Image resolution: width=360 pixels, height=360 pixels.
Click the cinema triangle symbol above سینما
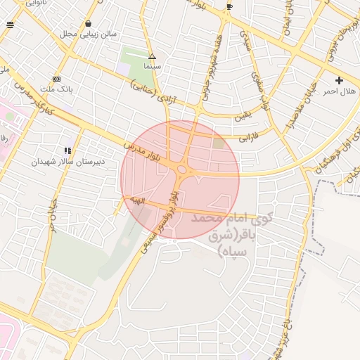152,56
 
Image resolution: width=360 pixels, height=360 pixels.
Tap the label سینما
152,65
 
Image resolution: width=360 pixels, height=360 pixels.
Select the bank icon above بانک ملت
56,79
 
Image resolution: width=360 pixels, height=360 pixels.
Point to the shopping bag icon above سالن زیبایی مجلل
87,23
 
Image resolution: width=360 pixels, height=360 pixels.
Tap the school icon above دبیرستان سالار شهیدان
67,150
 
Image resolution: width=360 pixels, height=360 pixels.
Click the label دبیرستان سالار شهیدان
67,161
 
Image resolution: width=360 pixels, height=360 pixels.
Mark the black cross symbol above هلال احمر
340,80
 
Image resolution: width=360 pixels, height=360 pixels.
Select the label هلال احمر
340,91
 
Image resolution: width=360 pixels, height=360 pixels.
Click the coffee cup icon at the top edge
229,7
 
